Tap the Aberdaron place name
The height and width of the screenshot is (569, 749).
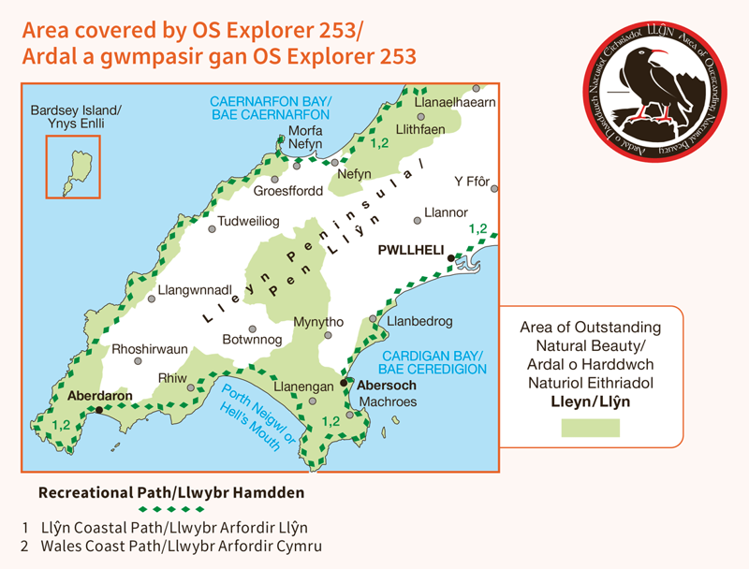[x=98, y=396]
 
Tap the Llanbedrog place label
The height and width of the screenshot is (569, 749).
[x=417, y=321]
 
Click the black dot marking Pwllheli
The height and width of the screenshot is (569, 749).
[x=450, y=258]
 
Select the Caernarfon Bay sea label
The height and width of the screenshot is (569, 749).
[x=272, y=108]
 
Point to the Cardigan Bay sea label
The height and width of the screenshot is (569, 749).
[x=433, y=362]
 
